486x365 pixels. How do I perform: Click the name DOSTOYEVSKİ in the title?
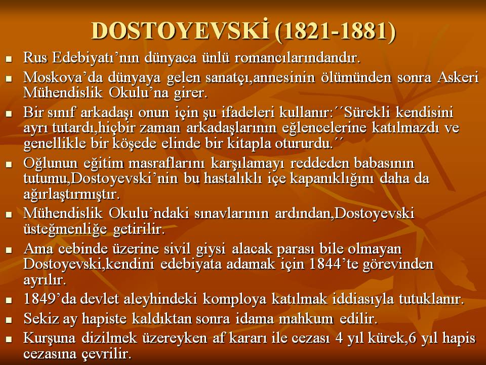click(x=180, y=30)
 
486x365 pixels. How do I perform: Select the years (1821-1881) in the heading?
click(x=335, y=31)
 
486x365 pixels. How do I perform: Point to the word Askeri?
click(x=458, y=78)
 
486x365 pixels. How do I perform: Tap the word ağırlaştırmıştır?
click(x=71, y=195)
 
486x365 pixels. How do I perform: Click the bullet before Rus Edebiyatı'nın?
click(x=9, y=59)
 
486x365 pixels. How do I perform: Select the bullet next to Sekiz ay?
click(x=9, y=320)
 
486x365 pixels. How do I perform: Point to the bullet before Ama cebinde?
click(x=9, y=249)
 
